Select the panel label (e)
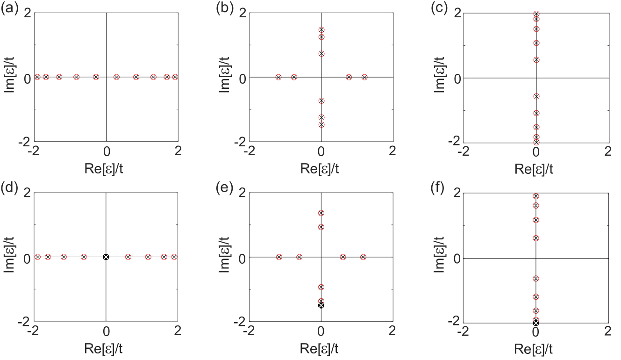(225, 188)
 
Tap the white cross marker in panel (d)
(106, 257)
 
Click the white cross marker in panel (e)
(321, 305)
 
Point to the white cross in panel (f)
(536, 323)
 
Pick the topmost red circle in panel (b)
(321, 29)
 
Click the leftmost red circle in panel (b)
(278, 77)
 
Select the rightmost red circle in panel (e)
(363, 257)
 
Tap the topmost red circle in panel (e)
(321, 213)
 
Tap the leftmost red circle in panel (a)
(37, 77)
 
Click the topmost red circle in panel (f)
(536, 196)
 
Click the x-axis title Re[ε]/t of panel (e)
(319, 348)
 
